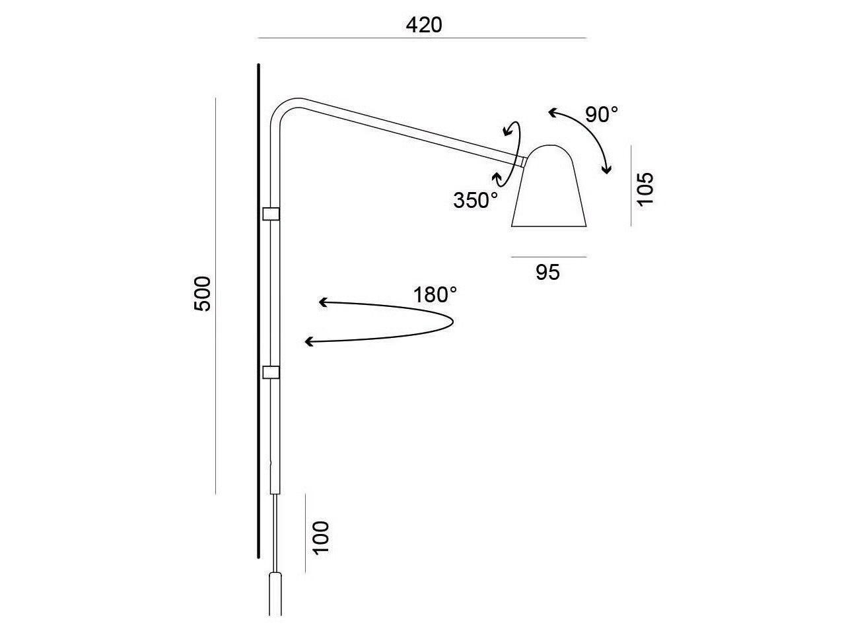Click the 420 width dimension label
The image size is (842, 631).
423,24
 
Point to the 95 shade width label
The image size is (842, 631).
548,272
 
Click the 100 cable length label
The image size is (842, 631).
320,538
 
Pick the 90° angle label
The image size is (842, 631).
602,114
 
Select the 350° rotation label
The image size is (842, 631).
475,200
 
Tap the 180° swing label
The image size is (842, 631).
435,294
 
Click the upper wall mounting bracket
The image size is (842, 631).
271,214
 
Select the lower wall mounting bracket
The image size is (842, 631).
271,373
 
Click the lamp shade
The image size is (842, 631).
550,188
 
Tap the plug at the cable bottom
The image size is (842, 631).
276,594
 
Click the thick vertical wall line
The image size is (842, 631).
259,310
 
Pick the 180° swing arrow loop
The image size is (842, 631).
396,322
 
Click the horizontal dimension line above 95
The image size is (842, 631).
549,256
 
